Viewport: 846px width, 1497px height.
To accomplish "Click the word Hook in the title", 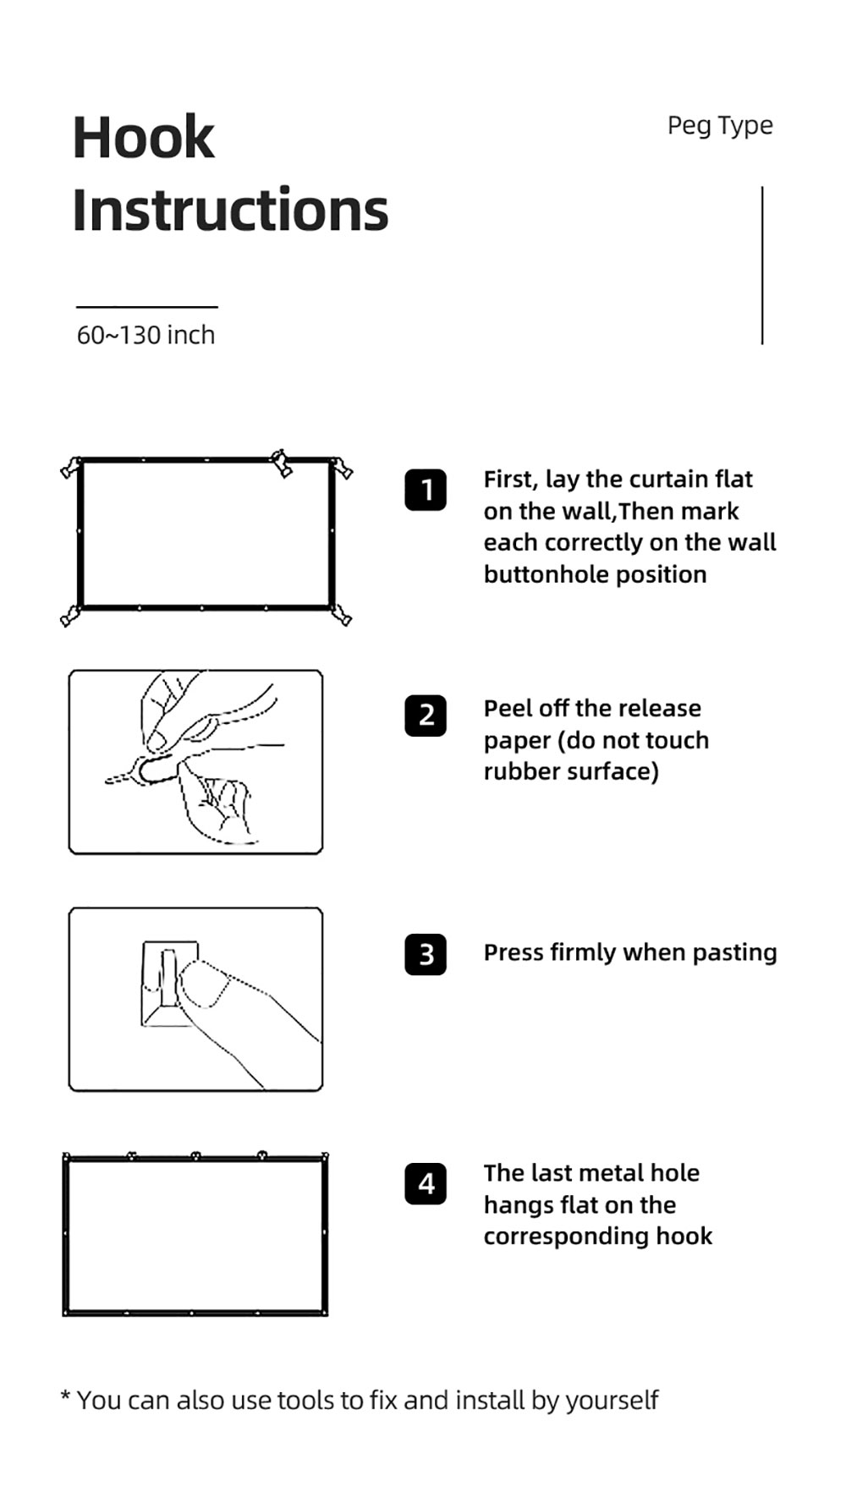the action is point(143,137).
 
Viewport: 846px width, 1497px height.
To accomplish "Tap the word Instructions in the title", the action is point(230,210).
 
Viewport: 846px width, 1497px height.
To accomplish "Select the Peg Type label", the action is point(720,126).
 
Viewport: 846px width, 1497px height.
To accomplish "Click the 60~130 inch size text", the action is point(146,335).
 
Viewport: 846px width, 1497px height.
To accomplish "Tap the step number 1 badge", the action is point(426,490).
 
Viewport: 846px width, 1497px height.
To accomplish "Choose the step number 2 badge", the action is point(426,716).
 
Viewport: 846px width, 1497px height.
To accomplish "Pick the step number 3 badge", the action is point(426,954).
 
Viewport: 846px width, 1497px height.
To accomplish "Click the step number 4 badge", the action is point(426,1183).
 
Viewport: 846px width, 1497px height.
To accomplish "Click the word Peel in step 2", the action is point(507,708).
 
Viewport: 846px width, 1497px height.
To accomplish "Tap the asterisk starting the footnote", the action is point(65,1396).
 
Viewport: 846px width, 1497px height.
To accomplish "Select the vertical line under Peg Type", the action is point(762,265).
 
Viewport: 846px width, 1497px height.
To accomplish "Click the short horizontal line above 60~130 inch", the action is point(147,307).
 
